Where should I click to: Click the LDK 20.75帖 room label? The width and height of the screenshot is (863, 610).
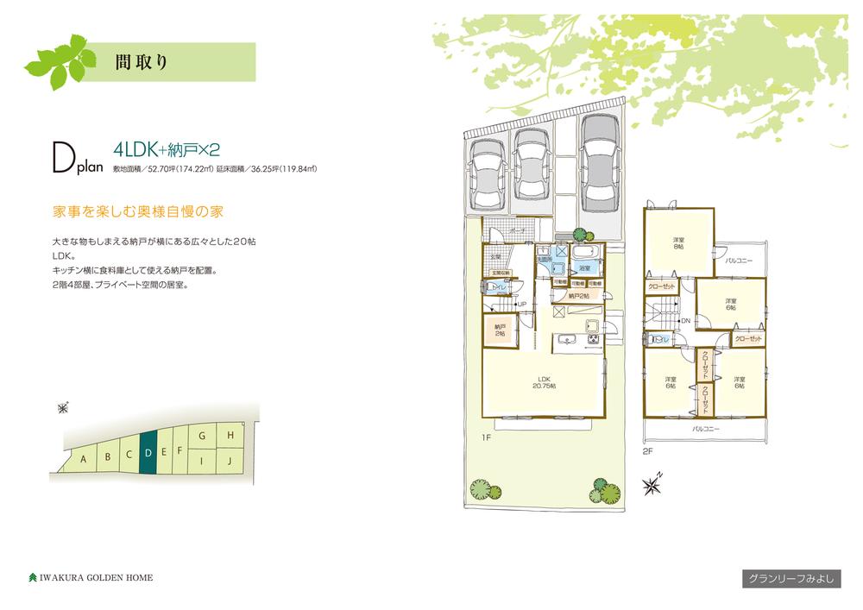coord(544,381)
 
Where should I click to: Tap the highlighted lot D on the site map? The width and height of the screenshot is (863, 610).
coord(148,452)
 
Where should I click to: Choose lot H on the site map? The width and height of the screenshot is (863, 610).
coord(230,437)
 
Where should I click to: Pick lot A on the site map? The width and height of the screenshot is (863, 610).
coord(83,459)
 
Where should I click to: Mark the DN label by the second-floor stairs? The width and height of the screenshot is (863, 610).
coord(684,321)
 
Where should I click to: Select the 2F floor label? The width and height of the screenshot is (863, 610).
coord(646,450)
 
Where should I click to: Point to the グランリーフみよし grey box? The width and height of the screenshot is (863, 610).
coord(790,579)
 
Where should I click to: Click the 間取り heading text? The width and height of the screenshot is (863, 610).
coord(140,61)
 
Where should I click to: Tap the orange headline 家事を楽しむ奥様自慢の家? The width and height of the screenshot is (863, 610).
coord(131,211)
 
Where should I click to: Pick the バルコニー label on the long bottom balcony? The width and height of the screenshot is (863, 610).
coord(705,428)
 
